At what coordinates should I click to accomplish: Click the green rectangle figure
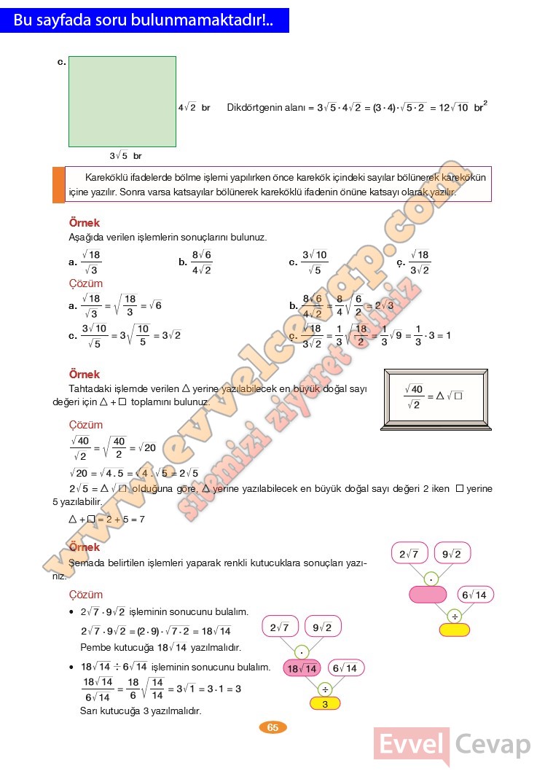(122, 101)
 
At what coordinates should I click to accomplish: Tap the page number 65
(272, 727)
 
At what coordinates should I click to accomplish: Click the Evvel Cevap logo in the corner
(452, 745)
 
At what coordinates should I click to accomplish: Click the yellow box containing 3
(325, 704)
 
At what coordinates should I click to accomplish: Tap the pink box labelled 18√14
(302, 668)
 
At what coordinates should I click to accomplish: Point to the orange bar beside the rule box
(58, 185)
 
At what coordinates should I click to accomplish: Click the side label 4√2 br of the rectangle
(194, 107)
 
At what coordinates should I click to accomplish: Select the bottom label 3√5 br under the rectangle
(125, 156)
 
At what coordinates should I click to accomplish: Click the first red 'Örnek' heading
(84, 223)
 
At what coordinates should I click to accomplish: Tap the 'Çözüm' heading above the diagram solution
(85, 595)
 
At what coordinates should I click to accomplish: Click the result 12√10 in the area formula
(454, 107)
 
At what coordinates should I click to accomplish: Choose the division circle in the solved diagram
(325, 687)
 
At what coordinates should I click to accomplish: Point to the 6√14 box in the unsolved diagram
(473, 595)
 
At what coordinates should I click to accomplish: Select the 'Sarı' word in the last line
(90, 711)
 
